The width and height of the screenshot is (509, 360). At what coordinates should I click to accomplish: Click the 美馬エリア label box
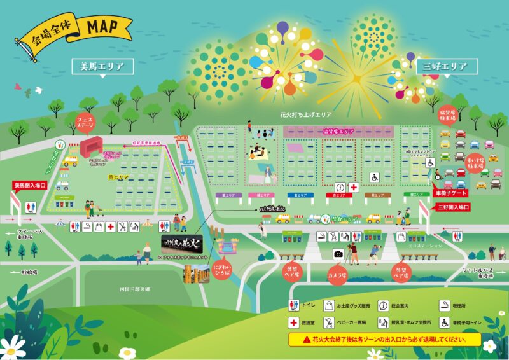tap(102, 66)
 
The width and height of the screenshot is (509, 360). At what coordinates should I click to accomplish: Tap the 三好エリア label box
tap(445, 66)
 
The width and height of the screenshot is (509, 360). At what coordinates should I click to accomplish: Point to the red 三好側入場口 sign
tap(453, 207)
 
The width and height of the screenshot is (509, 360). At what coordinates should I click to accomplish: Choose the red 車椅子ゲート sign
tap(451, 192)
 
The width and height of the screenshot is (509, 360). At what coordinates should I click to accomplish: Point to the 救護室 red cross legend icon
tap(294, 322)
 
